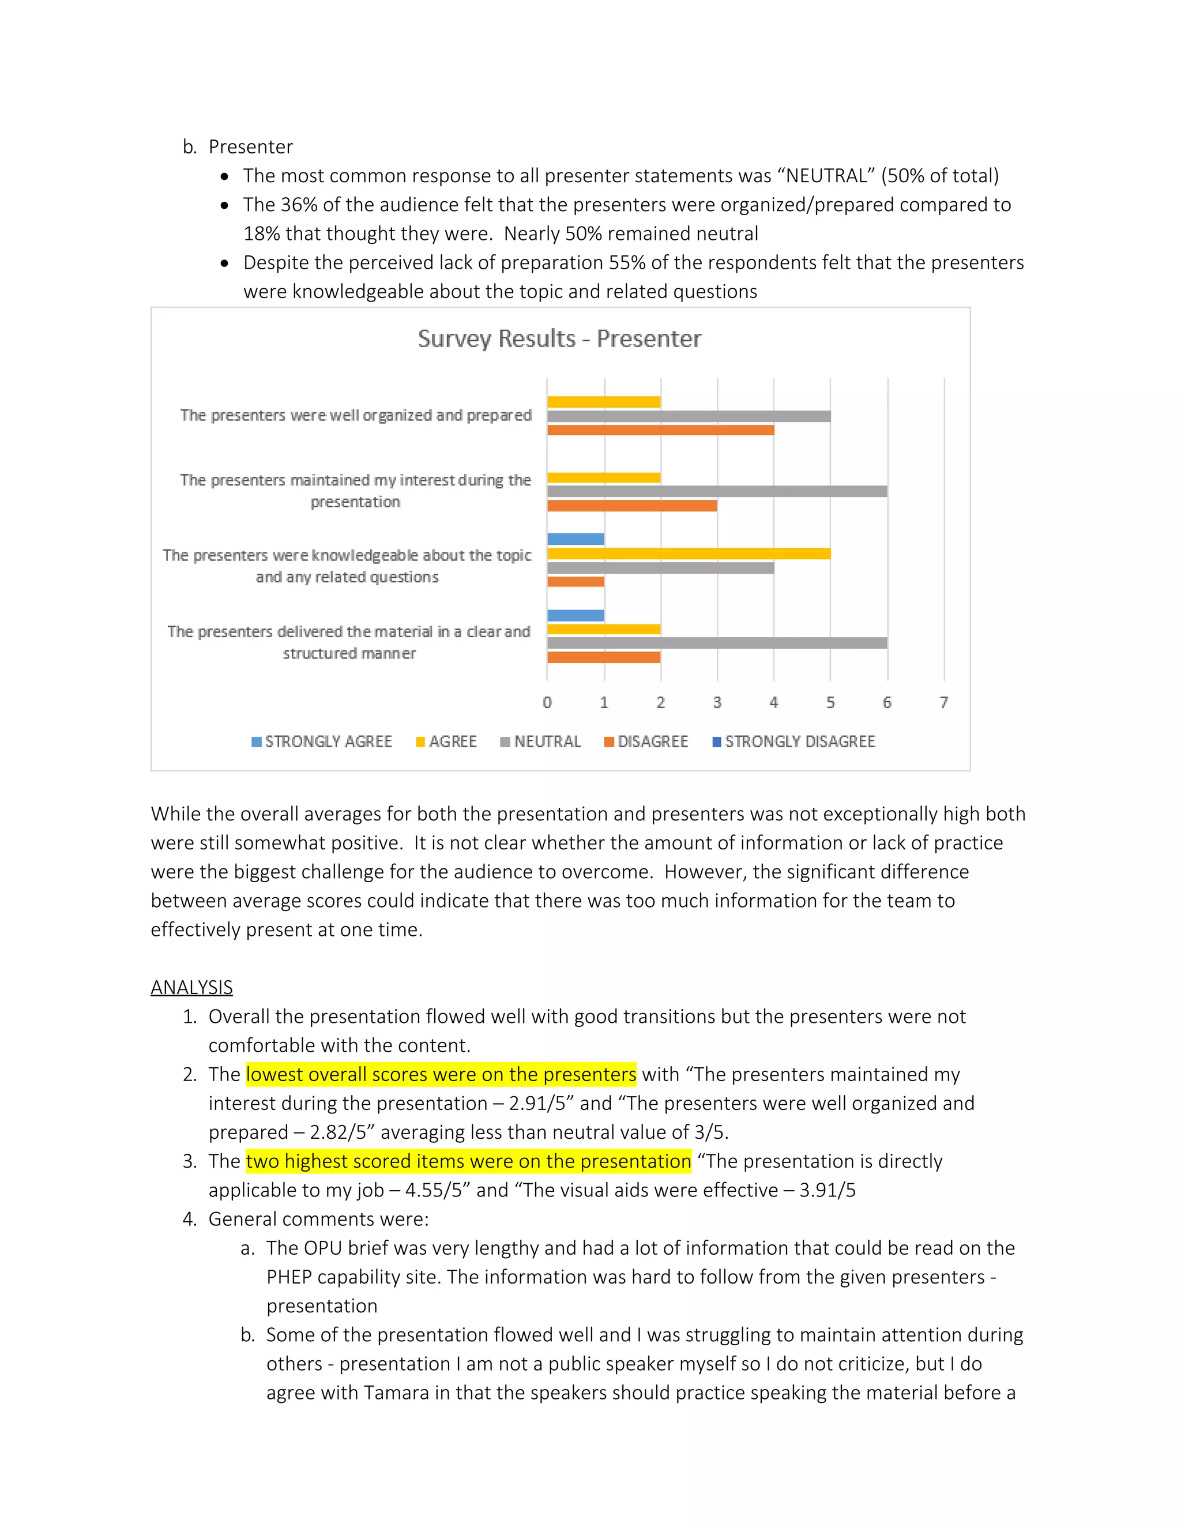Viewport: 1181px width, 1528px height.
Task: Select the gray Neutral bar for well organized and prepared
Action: (x=689, y=416)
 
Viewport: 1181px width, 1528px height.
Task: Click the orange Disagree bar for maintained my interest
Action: (x=632, y=506)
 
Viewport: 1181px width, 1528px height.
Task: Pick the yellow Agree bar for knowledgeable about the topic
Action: (x=689, y=554)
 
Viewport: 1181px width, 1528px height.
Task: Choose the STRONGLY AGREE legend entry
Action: (x=322, y=742)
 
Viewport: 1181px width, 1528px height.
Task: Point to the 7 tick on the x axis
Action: (x=944, y=702)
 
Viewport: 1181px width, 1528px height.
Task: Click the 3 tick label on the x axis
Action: (x=717, y=702)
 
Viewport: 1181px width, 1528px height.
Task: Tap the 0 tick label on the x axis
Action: (x=547, y=702)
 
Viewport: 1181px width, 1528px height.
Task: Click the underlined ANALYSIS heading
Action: (x=191, y=987)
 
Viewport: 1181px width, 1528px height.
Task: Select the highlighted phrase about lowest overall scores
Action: (x=441, y=1074)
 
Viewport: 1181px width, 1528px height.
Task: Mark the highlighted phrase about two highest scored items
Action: (x=468, y=1161)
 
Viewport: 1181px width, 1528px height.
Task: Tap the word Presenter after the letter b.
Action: (x=250, y=147)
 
